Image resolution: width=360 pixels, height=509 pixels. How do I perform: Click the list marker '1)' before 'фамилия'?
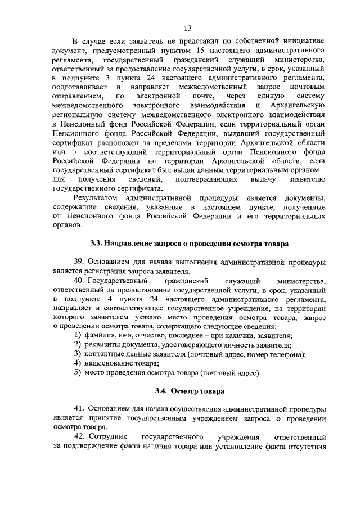[x=79, y=335]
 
